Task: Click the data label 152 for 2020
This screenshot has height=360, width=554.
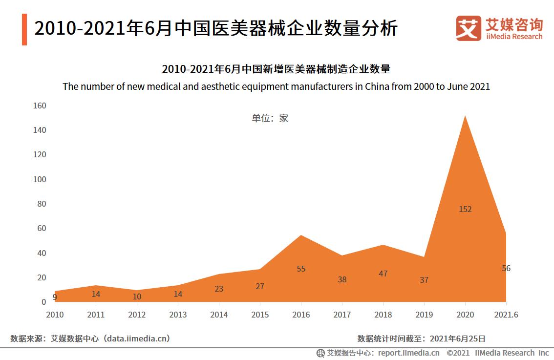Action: click(x=465, y=209)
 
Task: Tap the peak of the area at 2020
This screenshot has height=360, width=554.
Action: click(x=465, y=116)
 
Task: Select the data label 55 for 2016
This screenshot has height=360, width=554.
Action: click(x=301, y=269)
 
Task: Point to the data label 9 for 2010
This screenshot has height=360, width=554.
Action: click(x=55, y=297)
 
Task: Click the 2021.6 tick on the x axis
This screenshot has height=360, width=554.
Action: click(x=506, y=315)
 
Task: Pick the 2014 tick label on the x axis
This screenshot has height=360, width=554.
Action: click(x=219, y=315)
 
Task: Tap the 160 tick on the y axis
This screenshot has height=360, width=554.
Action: click(x=39, y=106)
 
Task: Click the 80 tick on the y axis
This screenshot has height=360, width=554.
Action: click(x=41, y=204)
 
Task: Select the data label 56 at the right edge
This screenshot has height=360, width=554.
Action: click(x=506, y=268)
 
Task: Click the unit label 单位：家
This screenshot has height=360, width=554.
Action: click(x=270, y=118)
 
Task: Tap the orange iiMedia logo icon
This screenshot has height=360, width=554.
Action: click(x=468, y=28)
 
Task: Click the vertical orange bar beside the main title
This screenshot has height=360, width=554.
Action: click(x=24, y=30)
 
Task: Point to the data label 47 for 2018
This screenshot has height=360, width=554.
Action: click(x=383, y=274)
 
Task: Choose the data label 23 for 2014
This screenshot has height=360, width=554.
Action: click(x=219, y=289)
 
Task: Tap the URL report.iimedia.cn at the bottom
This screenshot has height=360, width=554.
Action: click(x=408, y=353)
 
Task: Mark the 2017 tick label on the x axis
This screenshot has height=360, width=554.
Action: click(x=342, y=315)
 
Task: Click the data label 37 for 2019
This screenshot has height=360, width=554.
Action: click(x=424, y=280)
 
